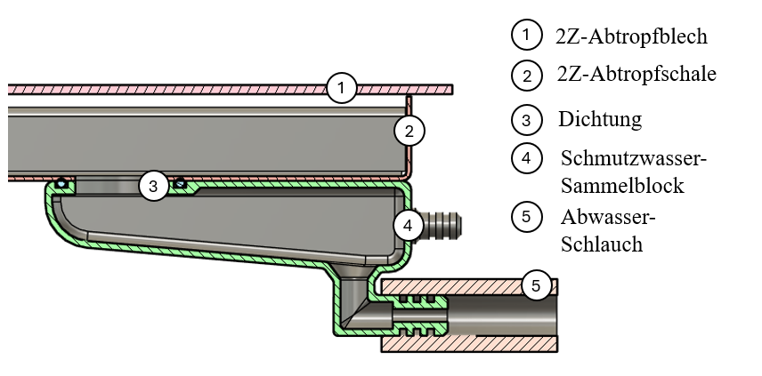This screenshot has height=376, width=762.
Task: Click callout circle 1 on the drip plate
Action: (x=341, y=87)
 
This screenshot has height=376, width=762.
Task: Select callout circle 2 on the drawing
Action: (x=409, y=132)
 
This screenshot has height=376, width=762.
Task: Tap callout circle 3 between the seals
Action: (x=153, y=186)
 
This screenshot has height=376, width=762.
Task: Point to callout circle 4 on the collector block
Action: (x=408, y=225)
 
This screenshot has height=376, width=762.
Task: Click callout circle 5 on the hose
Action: (x=536, y=285)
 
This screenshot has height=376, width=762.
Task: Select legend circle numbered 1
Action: (x=526, y=35)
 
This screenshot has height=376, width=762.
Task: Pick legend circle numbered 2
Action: (x=527, y=75)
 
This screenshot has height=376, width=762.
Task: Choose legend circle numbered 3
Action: (x=527, y=118)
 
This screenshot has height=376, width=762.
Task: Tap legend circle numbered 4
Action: (x=527, y=159)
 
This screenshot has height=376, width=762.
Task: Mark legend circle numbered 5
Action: (x=527, y=216)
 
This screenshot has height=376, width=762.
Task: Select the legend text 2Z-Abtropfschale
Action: (x=636, y=75)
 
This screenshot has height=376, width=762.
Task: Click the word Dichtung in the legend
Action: (x=600, y=118)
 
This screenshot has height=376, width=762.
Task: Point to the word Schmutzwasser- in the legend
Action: (x=633, y=159)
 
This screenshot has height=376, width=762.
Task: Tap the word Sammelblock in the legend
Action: (x=622, y=186)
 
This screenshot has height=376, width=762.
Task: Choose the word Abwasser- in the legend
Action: (x=608, y=217)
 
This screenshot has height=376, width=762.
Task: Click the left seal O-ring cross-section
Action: (x=61, y=183)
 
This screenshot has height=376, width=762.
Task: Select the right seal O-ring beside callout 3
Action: (x=180, y=183)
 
